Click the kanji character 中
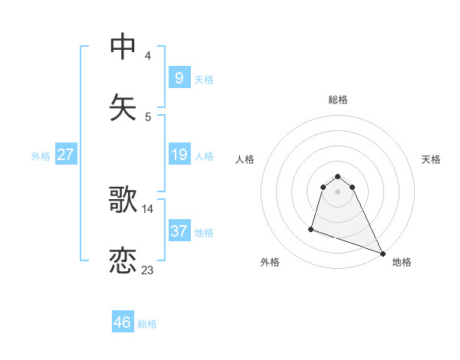pos(123,47)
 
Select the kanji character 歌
pos(123,200)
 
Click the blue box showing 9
pos(179,78)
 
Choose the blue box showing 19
pos(179,155)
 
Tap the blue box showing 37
pos(179,231)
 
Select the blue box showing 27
pos(65,155)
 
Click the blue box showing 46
pos(123,322)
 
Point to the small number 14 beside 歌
pos(148,208)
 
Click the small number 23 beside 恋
pos(148,270)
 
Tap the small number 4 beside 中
pos(148,55)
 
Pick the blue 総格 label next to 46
pos(147,324)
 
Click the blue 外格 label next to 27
pos(41,156)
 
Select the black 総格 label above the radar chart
pos(338,100)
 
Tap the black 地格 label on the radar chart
pos(402,262)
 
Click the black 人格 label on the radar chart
pos(245,159)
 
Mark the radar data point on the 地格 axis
pos(383,254)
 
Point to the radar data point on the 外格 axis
pos(312,228)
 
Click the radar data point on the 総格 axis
pos(338,176)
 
